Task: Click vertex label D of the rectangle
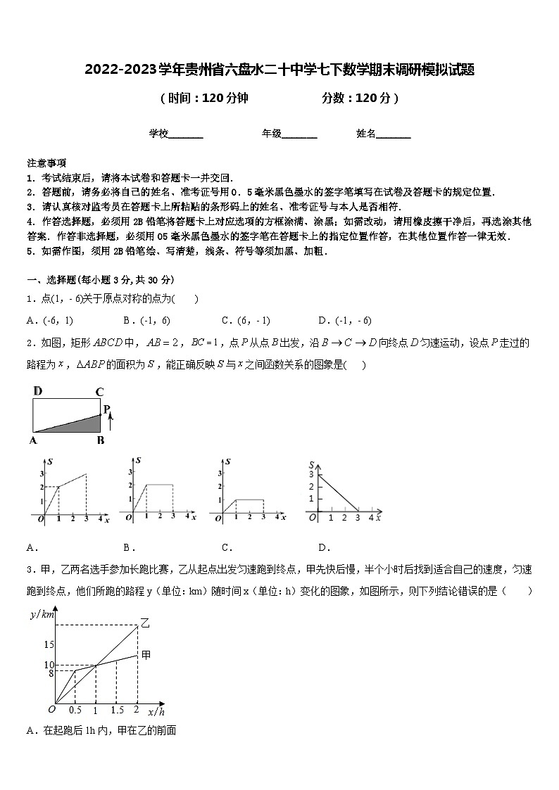pyautogui.click(x=38, y=391)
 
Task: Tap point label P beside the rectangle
pyautogui.click(x=107, y=409)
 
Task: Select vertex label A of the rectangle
pyautogui.click(x=33, y=440)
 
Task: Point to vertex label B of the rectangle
pyautogui.click(x=101, y=440)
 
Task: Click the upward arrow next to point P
pyautogui.click(x=111, y=423)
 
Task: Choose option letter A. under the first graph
pyautogui.click(x=31, y=547)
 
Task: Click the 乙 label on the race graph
pyautogui.click(x=145, y=622)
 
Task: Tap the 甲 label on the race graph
pyautogui.click(x=146, y=655)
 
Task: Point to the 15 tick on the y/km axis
pyautogui.click(x=48, y=644)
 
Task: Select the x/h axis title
pyautogui.click(x=156, y=712)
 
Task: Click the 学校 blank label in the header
pyautogui.click(x=159, y=133)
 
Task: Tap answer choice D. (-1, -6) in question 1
pyautogui.click(x=344, y=320)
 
